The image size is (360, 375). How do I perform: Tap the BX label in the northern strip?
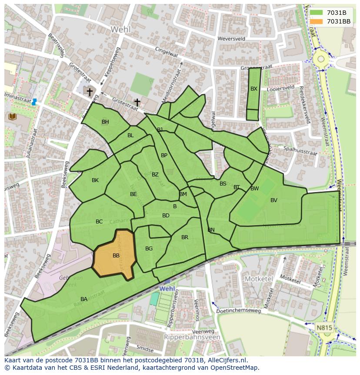pyautogui.click(x=254, y=89)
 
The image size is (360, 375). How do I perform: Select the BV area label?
pyautogui.click(x=273, y=200)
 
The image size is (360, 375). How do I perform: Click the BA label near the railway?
pyautogui.click(x=84, y=299)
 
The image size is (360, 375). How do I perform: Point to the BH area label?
pyautogui.click(x=105, y=122)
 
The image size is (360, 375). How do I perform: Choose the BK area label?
pyautogui.click(x=95, y=180)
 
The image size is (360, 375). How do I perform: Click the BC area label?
pyautogui.click(x=99, y=222)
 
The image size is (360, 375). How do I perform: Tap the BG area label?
pyautogui.click(x=149, y=249)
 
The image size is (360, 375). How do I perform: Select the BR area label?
pyautogui.click(x=185, y=237)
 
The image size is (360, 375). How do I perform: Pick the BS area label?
pyautogui.click(x=223, y=184)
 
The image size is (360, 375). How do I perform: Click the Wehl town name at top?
pyautogui.click(x=120, y=29)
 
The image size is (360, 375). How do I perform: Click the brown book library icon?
pyautogui.click(x=12, y=116)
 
